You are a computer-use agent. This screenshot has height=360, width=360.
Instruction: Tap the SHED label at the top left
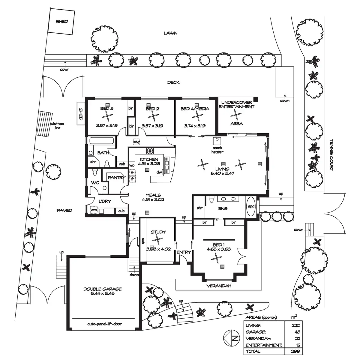point(62,22)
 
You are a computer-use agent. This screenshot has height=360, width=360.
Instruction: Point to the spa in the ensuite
point(250,206)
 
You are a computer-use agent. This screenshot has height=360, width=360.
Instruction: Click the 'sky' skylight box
point(137,142)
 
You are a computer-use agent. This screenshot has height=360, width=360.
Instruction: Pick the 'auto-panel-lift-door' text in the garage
point(105,324)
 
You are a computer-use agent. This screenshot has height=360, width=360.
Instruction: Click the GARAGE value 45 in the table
point(297,332)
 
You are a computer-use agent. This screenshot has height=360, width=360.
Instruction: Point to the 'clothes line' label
point(57,125)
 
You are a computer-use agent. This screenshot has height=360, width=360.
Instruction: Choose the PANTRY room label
point(116,178)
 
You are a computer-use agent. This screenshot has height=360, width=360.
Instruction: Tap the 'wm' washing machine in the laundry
point(94,211)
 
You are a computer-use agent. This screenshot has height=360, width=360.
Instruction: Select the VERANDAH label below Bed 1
point(219,286)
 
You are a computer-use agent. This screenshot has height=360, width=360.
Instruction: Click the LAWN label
point(170,33)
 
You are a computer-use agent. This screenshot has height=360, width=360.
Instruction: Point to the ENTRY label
point(184,252)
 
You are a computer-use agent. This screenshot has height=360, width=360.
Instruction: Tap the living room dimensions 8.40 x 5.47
point(222,173)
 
